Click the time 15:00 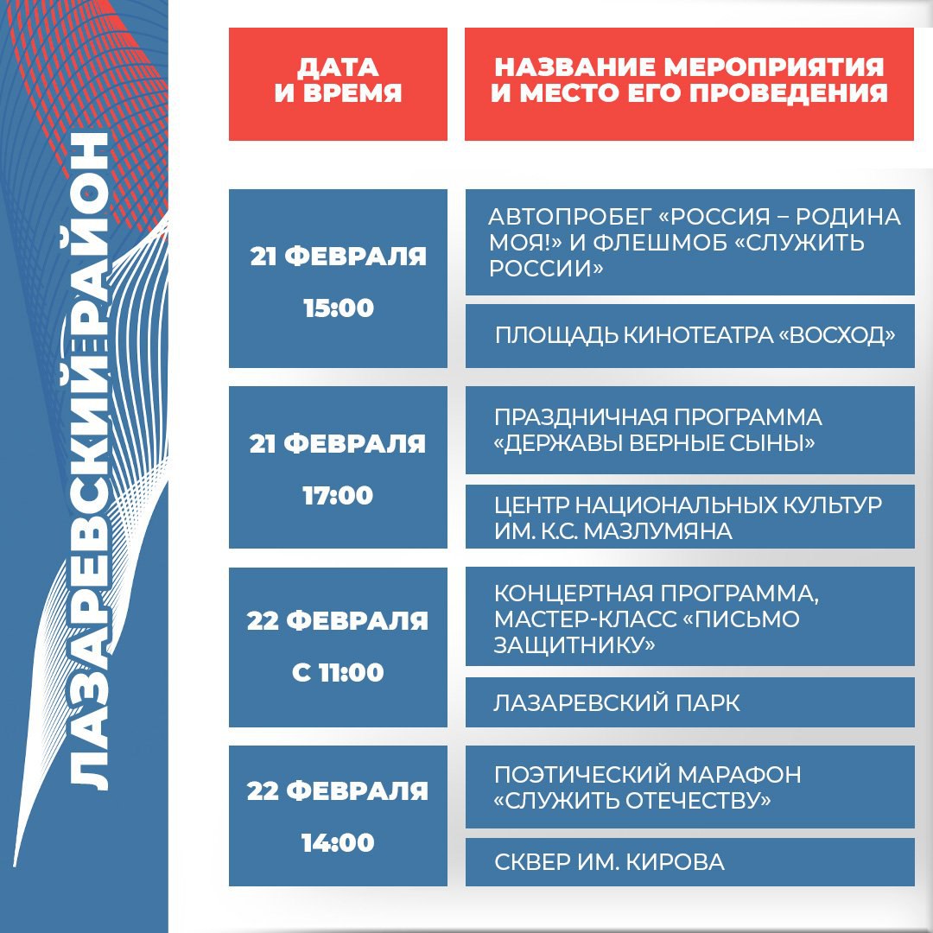pos(339,308)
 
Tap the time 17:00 pos(338,496)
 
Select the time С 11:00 pos(338,673)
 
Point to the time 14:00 pos(338,842)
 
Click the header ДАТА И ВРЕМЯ pos(338,80)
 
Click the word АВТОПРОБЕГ pos(569,217)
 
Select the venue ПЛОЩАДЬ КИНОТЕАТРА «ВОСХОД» pos(695,335)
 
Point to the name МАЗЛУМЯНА pos(658,531)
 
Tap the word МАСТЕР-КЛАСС pos(586,619)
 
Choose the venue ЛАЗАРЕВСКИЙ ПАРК pos(617,703)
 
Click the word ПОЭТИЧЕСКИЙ pos(581,775)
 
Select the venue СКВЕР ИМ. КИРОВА pos(609,862)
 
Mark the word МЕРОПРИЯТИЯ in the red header pos(774,67)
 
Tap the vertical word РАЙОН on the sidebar pos(89,238)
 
